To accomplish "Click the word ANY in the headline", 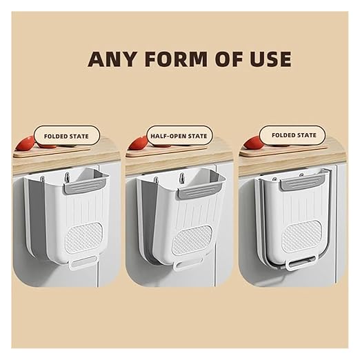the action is click(x=112, y=59).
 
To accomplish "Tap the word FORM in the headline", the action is click(x=176, y=59).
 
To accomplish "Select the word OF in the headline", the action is click(x=228, y=59).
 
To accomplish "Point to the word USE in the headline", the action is click(x=270, y=59).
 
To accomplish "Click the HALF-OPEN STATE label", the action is click(x=179, y=136).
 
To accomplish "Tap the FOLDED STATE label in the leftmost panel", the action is click(x=66, y=137).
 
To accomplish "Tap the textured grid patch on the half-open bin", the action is click(x=192, y=240).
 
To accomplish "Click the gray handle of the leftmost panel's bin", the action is click(x=85, y=185).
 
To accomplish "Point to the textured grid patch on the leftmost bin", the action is click(x=83, y=237).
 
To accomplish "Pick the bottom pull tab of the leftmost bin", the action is click(x=82, y=263).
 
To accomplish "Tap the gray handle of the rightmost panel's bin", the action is click(x=302, y=182).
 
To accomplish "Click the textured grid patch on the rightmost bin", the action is click(x=301, y=236).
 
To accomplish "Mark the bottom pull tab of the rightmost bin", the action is click(x=301, y=262).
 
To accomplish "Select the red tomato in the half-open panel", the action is click(x=139, y=143).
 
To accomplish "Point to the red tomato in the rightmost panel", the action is click(x=252, y=142).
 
